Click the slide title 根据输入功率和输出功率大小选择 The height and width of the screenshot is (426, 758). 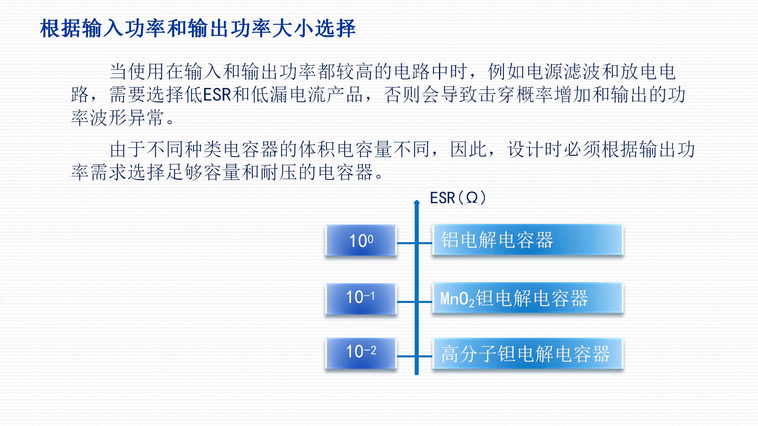pos(198,28)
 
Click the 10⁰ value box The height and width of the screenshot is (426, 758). pos(361,241)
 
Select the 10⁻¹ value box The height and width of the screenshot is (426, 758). pos(361,298)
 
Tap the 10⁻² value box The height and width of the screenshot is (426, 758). pos(361,352)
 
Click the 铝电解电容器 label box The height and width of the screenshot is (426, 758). pos(527,240)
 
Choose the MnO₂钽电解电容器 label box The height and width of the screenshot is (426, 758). pos(527,298)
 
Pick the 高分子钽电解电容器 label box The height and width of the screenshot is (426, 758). pos(527,353)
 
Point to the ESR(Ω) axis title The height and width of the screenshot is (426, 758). pos(458,198)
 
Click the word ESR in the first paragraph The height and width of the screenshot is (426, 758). pos(217,95)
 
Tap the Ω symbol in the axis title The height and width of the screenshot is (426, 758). pos(471,198)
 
